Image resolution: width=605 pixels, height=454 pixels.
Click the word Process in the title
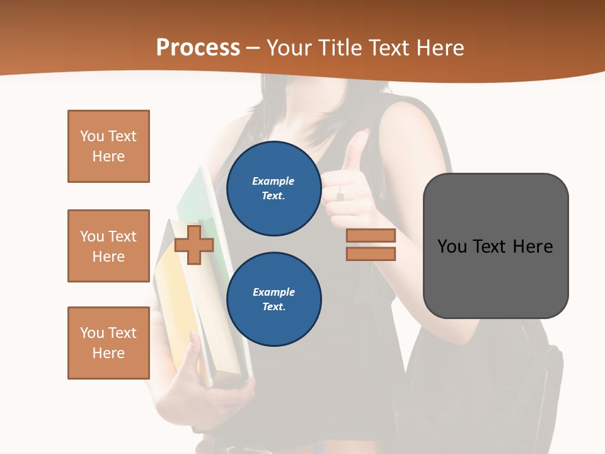(x=198, y=48)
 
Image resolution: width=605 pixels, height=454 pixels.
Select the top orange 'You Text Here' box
(x=108, y=146)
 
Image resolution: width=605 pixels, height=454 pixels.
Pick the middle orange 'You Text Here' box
(x=108, y=246)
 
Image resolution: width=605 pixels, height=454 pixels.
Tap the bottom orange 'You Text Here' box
(x=108, y=343)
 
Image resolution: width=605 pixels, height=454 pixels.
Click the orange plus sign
(x=194, y=245)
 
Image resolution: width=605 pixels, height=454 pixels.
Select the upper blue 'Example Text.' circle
(x=274, y=188)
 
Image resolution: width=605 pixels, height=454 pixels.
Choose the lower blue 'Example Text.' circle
(x=274, y=299)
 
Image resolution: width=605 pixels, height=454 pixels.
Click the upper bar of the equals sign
(x=371, y=235)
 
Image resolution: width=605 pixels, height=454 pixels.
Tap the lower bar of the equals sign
(x=371, y=253)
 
